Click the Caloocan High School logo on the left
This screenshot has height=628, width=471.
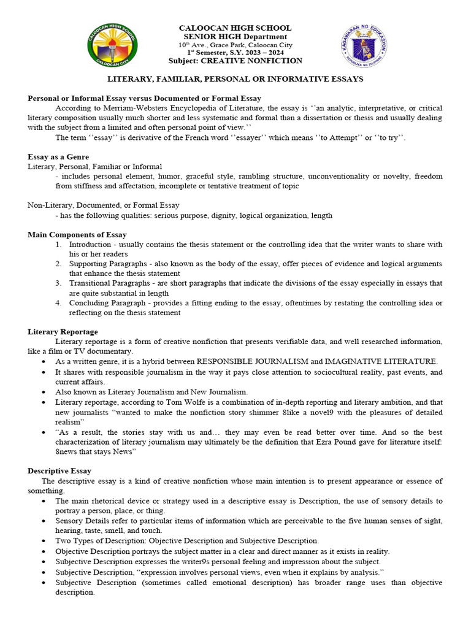pyautogui.click(x=112, y=47)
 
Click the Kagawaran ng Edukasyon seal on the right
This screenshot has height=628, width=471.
pyautogui.click(x=364, y=47)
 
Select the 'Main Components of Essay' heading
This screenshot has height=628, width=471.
pyautogui.click(x=77, y=235)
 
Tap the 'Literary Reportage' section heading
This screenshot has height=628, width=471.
pyautogui.click(x=63, y=332)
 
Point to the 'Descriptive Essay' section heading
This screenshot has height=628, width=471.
pyautogui.click(x=59, y=471)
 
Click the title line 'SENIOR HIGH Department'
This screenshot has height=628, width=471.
pyautogui.click(x=235, y=37)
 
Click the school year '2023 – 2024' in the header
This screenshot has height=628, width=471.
pyautogui.click(x=273, y=53)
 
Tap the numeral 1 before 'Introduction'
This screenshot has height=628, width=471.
pyautogui.click(x=58, y=245)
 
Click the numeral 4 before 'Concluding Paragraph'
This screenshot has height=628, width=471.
pyautogui.click(x=58, y=303)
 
